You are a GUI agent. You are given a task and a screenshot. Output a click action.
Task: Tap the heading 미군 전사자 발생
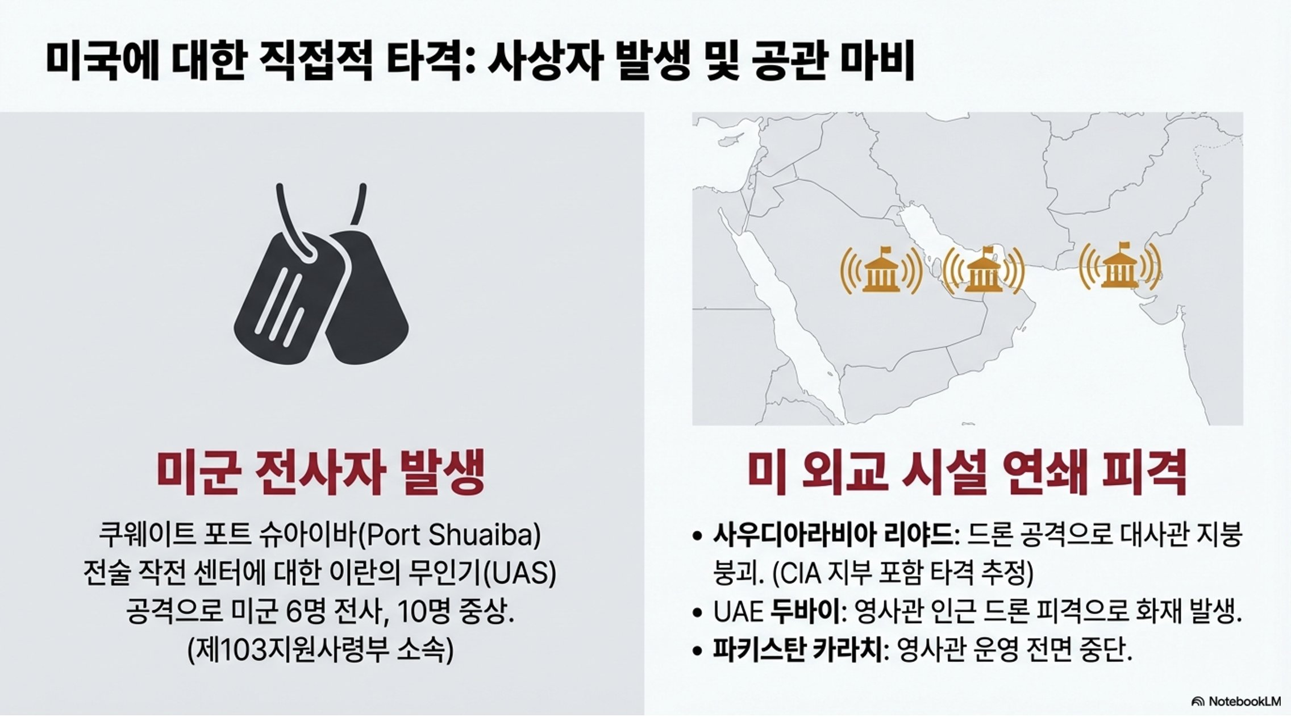[322, 473]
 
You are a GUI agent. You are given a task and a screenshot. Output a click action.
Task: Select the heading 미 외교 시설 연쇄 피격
[967, 473]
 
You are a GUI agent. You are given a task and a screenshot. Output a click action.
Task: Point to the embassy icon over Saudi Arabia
[881, 270]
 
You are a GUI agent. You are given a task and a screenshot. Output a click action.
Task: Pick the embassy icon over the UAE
[984, 270]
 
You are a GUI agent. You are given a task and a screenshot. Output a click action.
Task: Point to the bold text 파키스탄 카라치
[798, 651]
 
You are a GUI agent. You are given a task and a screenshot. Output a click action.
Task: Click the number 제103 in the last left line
[228, 651]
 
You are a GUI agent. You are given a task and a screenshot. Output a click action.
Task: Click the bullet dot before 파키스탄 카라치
[698, 651]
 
